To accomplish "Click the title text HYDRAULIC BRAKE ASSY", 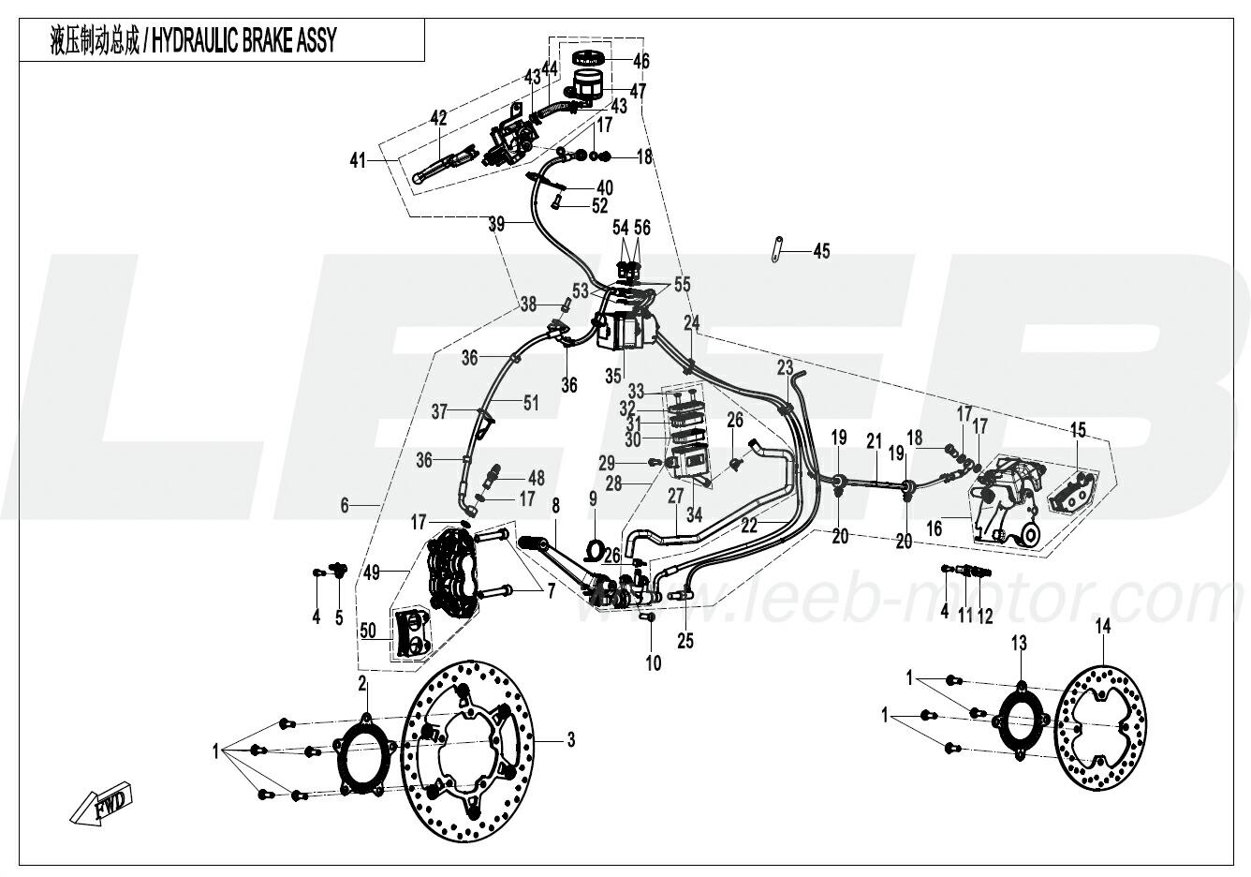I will [x=243, y=42].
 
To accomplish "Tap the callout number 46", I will [x=640, y=62].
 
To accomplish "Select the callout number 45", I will [x=821, y=251].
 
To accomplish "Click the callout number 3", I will [x=570, y=740].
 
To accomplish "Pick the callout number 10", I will [x=653, y=663].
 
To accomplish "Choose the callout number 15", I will [x=1079, y=430].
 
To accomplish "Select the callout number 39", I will [x=496, y=224].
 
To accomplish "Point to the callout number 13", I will [x=1019, y=643].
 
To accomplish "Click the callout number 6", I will [x=345, y=505].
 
